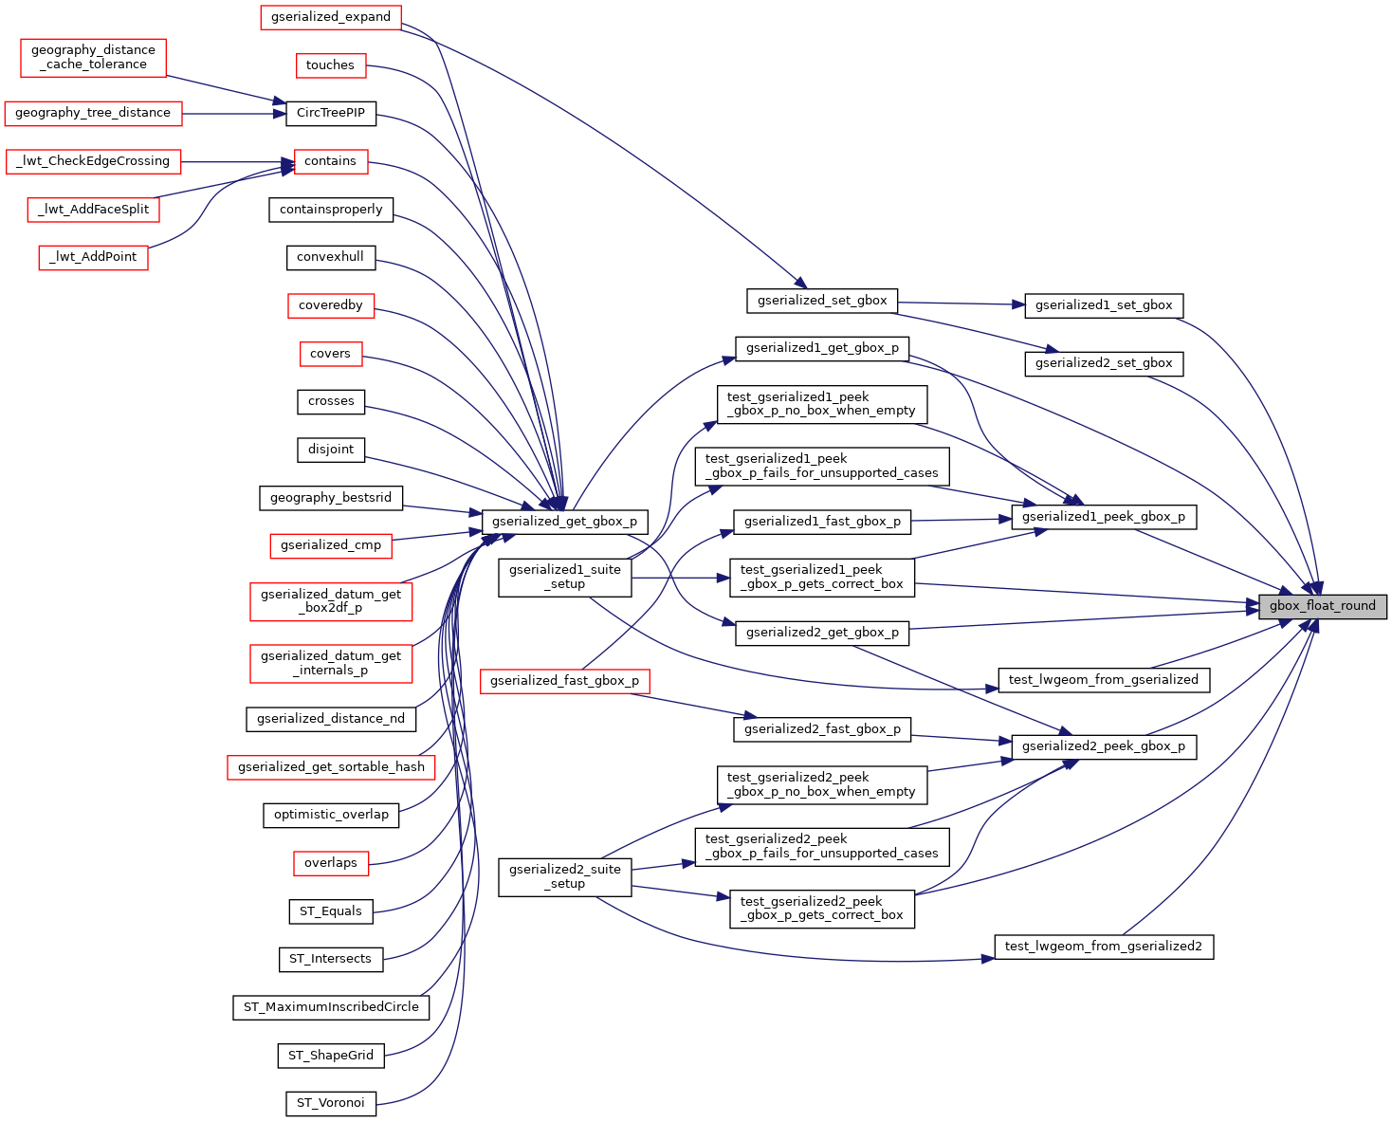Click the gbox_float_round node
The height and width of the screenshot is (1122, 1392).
[1322, 606]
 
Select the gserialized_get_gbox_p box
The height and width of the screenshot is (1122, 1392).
[564, 522]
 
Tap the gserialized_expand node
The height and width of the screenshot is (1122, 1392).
[331, 17]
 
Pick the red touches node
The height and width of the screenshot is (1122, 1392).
[330, 65]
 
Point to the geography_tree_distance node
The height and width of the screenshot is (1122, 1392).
[93, 113]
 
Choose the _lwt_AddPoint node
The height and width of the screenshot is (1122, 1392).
[93, 257]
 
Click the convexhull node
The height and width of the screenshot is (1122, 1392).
[330, 257]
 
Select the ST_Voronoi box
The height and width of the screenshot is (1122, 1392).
[330, 1103]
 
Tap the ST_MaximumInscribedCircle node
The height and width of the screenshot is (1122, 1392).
[331, 1007]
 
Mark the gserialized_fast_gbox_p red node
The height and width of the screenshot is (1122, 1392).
[564, 681]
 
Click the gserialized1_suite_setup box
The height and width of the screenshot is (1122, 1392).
[565, 577]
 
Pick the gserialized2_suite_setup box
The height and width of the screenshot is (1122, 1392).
[565, 876]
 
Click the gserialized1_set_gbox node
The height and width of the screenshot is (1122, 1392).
[1104, 305]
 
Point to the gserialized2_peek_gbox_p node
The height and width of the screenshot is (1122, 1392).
[1104, 746]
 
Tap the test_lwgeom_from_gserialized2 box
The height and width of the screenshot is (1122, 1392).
[1104, 947]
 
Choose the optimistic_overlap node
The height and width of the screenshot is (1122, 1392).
[331, 815]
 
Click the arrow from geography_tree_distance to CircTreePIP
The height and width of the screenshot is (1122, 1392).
[233, 114]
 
